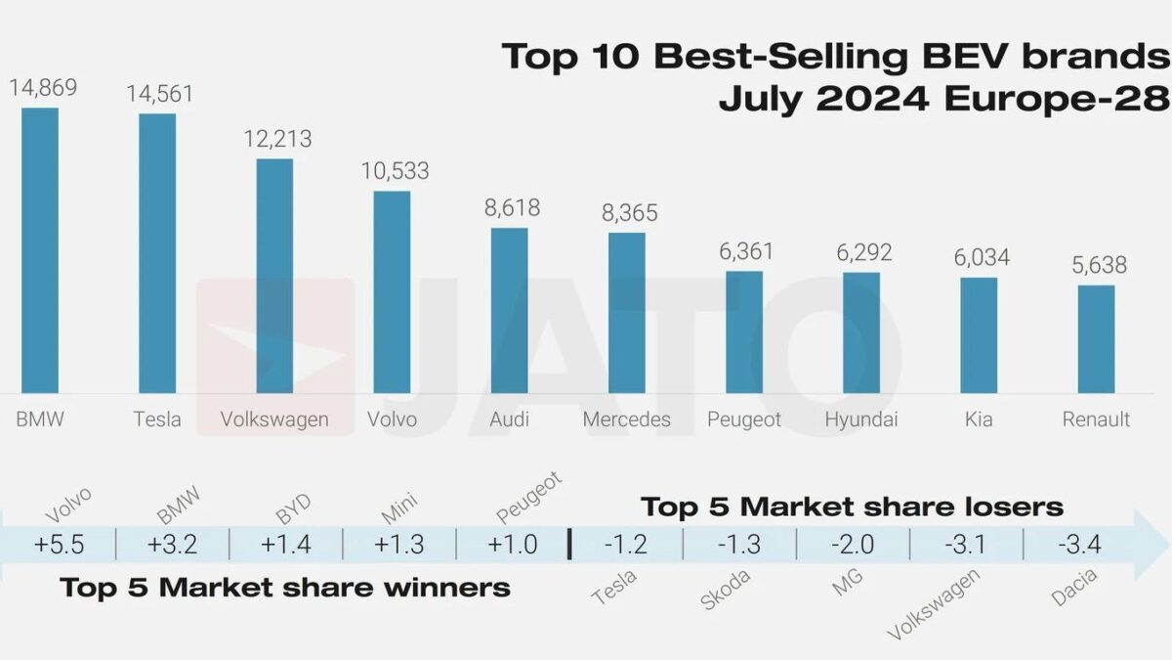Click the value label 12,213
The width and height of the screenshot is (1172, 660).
point(274,138)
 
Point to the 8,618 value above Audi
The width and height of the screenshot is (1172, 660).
point(509,207)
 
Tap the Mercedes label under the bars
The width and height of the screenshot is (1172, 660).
point(626,419)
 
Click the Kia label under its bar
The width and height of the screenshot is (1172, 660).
point(978,419)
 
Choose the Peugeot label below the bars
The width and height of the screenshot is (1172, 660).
point(744,419)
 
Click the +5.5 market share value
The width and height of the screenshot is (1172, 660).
point(58,545)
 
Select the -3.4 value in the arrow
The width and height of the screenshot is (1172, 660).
point(1079,545)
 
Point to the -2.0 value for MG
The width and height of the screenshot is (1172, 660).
point(852,545)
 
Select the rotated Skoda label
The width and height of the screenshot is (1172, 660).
point(726,590)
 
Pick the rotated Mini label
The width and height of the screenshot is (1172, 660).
point(399,509)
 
